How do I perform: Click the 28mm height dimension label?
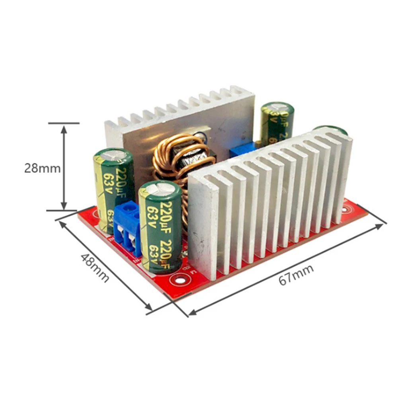(x=42, y=168)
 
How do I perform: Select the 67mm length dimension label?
(x=296, y=274)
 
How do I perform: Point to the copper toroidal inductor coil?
(x=181, y=159)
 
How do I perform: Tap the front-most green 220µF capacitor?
(x=160, y=227)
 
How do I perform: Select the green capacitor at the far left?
(x=113, y=187)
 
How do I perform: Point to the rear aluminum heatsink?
(x=179, y=119)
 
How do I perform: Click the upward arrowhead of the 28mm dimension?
(x=63, y=127)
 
